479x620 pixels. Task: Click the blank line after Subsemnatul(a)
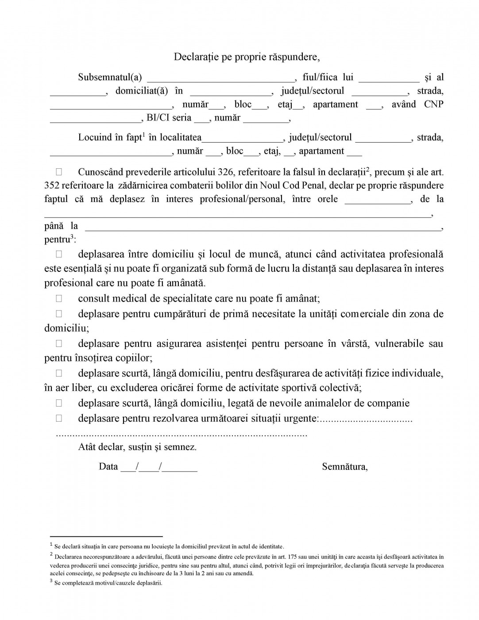220,79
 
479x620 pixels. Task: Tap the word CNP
433,105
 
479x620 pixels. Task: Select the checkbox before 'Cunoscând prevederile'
59,171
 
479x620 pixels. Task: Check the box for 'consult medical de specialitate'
59,298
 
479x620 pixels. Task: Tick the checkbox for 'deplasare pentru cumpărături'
59,314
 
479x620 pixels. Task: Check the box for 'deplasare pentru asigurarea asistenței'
59,343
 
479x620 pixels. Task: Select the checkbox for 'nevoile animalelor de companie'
59,403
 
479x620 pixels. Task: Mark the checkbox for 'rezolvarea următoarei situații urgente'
59,418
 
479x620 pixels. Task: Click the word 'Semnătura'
344,467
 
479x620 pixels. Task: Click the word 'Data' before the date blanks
108,467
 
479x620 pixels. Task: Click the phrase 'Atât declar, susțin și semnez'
137,447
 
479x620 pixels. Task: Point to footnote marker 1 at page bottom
51,545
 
